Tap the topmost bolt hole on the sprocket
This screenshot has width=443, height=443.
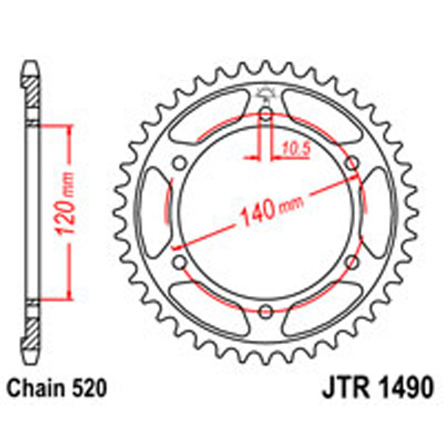[266, 114]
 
